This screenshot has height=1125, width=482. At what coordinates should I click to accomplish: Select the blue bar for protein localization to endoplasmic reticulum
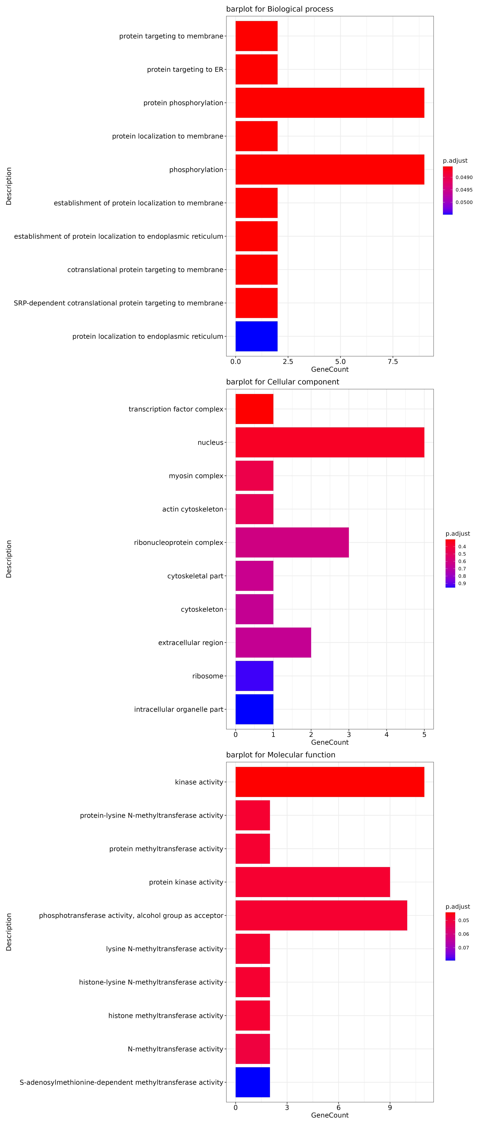[x=256, y=336]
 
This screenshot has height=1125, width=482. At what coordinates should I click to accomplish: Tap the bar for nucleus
[x=330, y=442]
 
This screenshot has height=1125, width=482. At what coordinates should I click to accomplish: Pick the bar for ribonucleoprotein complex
[x=292, y=542]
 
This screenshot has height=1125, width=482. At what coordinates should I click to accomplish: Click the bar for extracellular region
[x=273, y=642]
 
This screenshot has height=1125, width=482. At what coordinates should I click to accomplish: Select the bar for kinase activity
[x=330, y=782]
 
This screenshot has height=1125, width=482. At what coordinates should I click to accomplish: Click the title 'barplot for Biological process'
[x=279, y=9]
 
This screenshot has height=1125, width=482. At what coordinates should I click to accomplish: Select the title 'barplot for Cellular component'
[x=283, y=382]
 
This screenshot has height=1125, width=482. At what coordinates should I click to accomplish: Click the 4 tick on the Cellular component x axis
[x=386, y=735]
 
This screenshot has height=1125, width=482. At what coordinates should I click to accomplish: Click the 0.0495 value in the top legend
[x=464, y=190]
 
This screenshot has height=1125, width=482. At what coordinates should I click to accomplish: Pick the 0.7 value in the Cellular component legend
[x=462, y=569]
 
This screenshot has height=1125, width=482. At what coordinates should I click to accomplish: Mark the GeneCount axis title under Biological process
[x=330, y=370]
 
